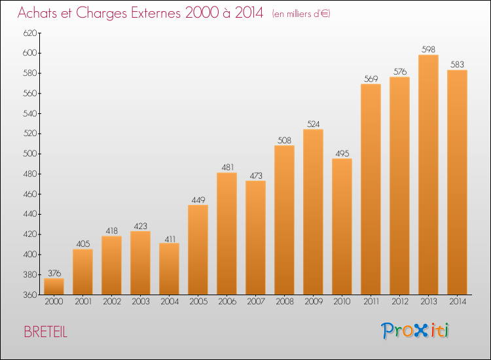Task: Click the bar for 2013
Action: (428, 175)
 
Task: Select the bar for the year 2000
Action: (54, 287)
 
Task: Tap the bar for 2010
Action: (342, 226)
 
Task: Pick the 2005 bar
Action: (198, 250)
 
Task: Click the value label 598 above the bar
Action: (428, 49)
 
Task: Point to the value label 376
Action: (54, 273)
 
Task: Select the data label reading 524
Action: (313, 124)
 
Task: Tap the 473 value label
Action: (255, 175)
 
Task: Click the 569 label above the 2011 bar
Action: (371, 79)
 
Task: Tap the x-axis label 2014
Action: (457, 302)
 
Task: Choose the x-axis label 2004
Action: (169, 302)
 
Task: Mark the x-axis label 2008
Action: (284, 302)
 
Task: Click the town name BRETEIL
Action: (45, 332)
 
